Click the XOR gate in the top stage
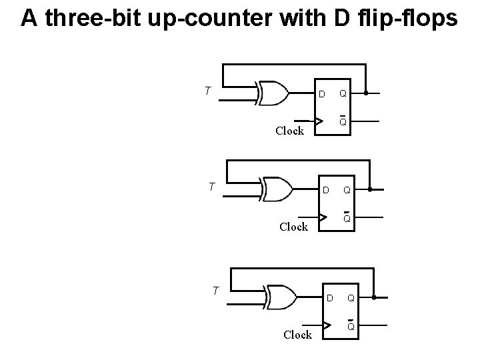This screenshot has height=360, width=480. click(271, 93)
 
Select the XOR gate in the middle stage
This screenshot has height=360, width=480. click(277, 189)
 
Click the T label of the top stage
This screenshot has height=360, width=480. click(209, 90)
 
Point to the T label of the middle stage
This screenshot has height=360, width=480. click(211, 187)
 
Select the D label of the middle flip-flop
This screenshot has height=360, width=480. click(325, 191)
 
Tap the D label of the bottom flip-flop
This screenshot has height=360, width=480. click(329, 297)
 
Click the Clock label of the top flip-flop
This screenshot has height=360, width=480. click(289, 131)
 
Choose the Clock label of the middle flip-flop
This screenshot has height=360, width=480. click(293, 227)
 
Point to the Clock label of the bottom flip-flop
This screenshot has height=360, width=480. click(297, 335)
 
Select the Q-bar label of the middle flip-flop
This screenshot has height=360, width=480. click(347, 218)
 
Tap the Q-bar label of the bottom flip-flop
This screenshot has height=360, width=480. click(350, 325)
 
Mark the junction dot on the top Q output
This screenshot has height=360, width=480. click(366, 93)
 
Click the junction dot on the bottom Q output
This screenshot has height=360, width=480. click(374, 297)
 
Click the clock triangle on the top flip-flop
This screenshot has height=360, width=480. click(320, 122)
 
